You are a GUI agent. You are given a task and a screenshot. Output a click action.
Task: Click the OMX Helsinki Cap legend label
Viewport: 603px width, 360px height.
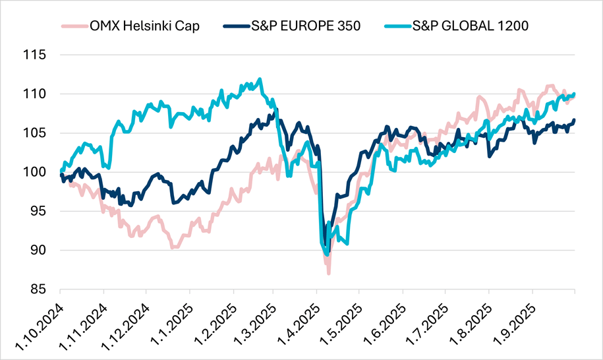point(145,26)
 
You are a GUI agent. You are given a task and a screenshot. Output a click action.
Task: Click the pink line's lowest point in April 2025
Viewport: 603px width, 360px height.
point(328,273)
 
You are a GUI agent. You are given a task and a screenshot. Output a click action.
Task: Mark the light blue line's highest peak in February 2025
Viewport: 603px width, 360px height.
point(260,79)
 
